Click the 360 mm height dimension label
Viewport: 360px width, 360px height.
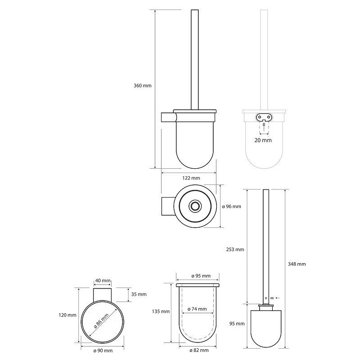pyautogui.click(x=143, y=85)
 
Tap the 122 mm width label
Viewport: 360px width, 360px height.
pyautogui.click(x=191, y=178)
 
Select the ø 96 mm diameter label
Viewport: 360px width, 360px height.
pyautogui.click(x=231, y=207)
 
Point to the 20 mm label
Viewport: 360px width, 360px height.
pyautogui.click(x=263, y=140)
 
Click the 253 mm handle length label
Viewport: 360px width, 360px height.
pyautogui.click(x=235, y=249)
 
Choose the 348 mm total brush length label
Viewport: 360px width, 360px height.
pyautogui.click(x=297, y=264)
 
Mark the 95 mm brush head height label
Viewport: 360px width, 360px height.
pyautogui.click(x=237, y=324)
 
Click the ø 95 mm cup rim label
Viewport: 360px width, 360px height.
pyautogui.click(x=201, y=276)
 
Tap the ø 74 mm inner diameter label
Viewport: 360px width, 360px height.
pyautogui.click(x=197, y=309)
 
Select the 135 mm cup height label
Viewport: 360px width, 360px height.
pyautogui.click(x=161, y=311)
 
